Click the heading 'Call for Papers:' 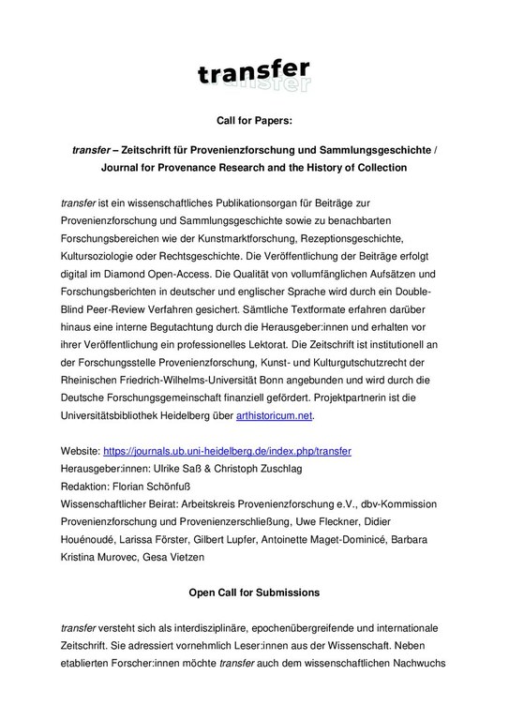[254, 121]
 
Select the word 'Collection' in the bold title [375, 171]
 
